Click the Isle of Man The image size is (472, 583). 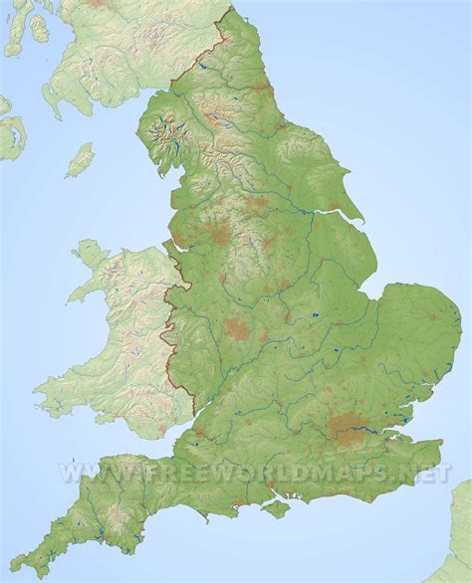coord(80,160)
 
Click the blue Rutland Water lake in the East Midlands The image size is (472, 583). coord(315,317)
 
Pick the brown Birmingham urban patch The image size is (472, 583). coord(237,329)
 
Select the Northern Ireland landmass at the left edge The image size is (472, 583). coord(8,129)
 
